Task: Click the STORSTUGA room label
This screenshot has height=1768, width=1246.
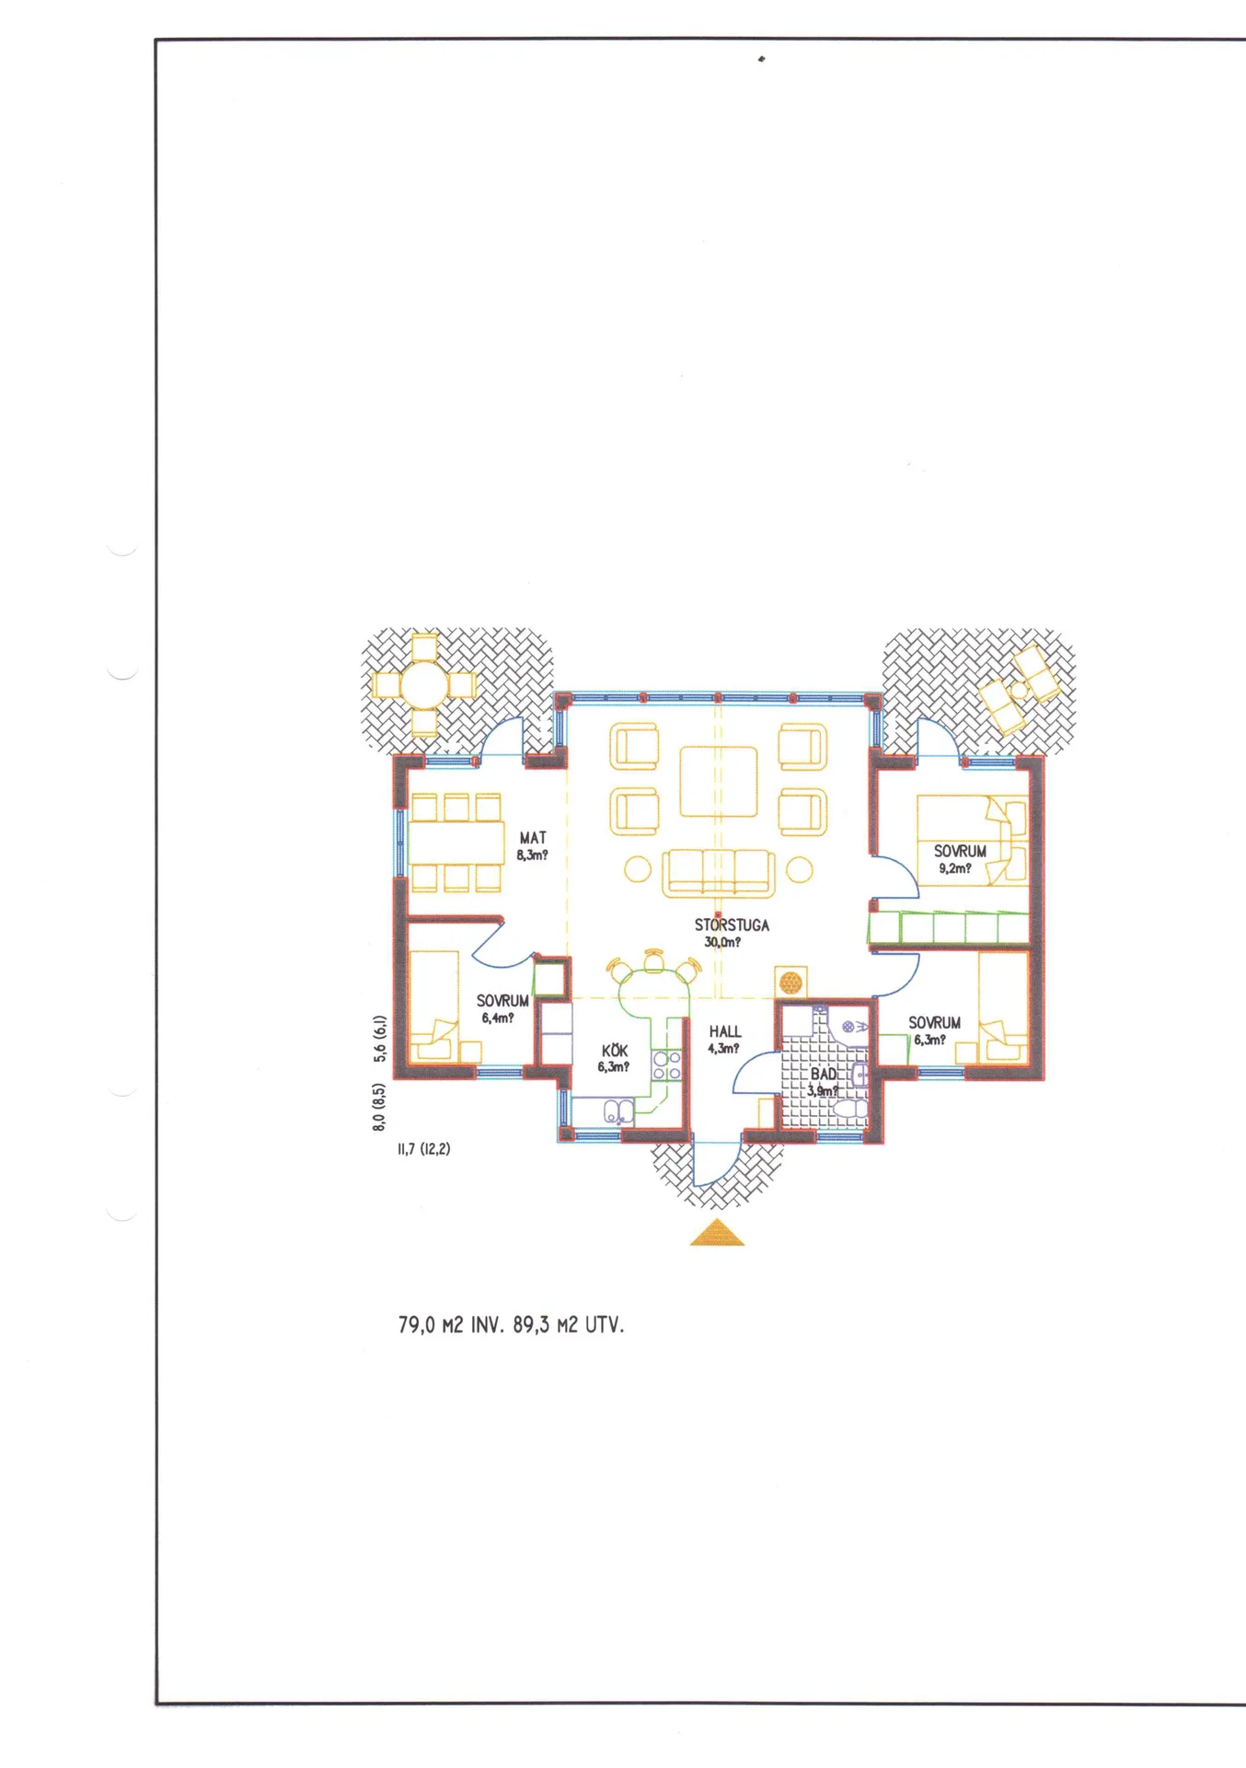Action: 732,925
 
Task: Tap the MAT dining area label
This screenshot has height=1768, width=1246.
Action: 533,838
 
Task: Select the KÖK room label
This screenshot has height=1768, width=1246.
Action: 615,1051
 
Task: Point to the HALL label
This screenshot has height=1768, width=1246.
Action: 725,1032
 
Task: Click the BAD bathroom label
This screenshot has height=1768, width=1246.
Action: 824,1075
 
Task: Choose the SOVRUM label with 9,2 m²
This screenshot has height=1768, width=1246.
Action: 960,852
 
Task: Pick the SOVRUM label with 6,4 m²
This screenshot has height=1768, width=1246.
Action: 502,1001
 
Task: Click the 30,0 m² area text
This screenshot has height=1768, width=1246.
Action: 722,943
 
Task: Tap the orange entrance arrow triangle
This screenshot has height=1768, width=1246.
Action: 718,1233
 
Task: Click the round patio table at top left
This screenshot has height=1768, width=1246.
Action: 424,685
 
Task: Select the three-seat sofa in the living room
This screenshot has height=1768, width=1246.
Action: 718,873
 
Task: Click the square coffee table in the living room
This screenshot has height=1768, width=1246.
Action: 719,782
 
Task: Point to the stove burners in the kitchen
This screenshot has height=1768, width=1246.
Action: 666,1065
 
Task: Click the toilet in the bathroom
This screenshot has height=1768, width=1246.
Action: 852,1109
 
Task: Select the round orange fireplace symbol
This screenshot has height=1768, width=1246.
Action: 790,982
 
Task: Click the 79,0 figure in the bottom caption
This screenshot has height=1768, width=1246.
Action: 416,1325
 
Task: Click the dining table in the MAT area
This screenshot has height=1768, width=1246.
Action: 456,843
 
